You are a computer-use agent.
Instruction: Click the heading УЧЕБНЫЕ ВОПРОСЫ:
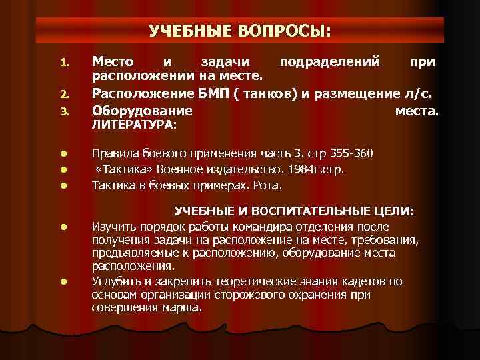click(239, 31)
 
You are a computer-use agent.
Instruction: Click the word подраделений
click(330, 62)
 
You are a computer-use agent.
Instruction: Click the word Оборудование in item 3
click(142, 110)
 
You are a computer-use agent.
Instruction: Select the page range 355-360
click(359, 153)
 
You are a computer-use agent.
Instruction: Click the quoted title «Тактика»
click(120, 169)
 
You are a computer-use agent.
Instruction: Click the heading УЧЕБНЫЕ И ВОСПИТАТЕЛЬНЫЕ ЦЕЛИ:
click(294, 211)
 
